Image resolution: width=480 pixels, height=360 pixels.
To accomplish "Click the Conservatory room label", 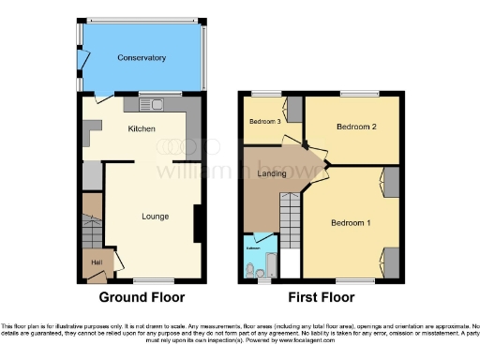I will (142, 58).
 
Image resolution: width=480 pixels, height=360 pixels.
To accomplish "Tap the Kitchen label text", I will (142, 129).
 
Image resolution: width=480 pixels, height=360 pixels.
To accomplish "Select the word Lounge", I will (155, 217).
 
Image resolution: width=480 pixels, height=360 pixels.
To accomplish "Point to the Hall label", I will (97, 262).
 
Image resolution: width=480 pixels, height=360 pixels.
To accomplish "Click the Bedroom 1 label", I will (351, 222).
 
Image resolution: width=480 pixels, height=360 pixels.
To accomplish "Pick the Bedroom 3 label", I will (263, 121).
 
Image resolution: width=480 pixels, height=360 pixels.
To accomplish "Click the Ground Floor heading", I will (142, 297).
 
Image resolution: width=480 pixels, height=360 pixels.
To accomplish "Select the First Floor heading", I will (322, 297).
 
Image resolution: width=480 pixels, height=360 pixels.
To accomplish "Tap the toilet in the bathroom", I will (250, 271).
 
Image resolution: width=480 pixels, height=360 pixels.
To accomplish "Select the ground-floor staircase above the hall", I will (92, 224).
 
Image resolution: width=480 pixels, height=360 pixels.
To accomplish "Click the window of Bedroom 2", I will (353, 93).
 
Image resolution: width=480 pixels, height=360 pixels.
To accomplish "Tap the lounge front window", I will (147, 279).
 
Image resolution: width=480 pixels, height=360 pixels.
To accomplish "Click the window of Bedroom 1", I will (349, 279).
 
